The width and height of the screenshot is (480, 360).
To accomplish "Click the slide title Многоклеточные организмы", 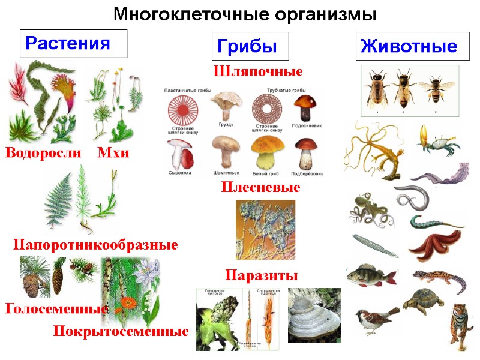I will coord(245,13).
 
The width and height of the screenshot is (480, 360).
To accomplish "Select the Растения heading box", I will coord(73,43).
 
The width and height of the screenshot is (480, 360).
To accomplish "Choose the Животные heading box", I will coord(409,46).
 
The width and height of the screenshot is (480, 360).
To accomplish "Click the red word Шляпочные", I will coord(258,71).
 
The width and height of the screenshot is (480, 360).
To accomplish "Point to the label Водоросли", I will coord(43,154).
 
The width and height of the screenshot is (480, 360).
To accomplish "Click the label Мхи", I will coord(113,154).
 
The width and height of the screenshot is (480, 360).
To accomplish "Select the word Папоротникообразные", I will coord(95,245).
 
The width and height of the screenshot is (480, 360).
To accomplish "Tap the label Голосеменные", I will coord(55,310).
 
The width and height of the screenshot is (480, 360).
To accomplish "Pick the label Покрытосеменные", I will coord(121,331).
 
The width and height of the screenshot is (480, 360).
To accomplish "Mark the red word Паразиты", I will coord(261,275).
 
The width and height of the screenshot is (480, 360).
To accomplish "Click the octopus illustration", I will coord(367,208).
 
